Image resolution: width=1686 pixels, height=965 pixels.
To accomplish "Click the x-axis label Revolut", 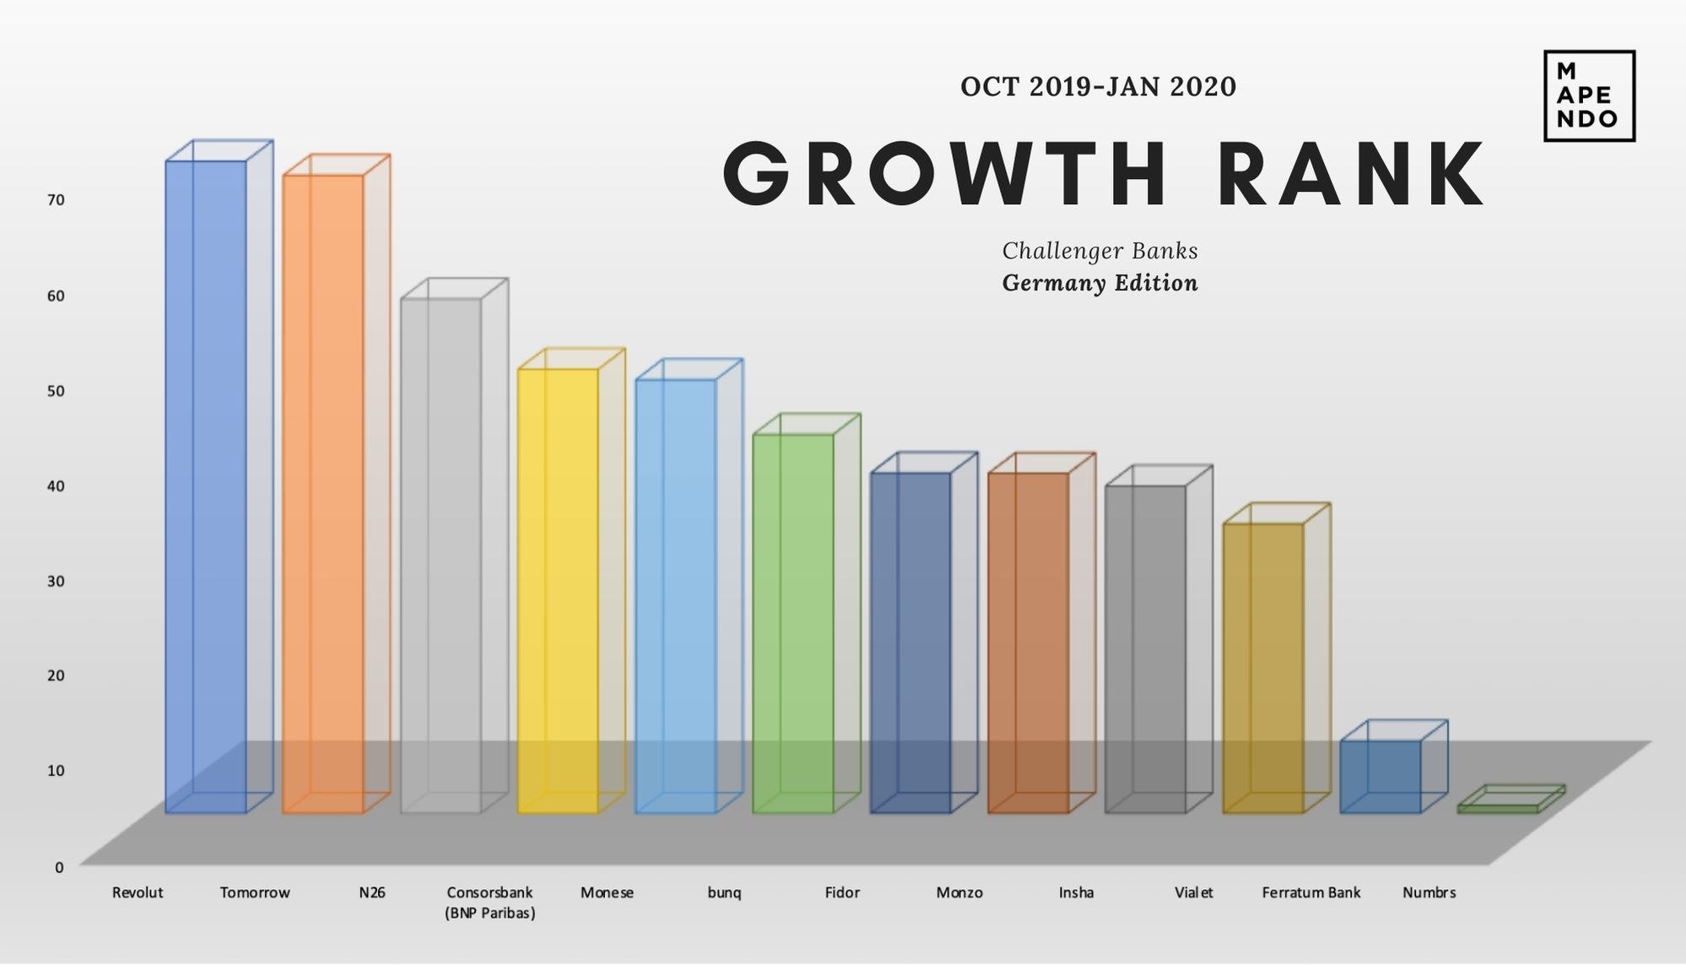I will click(138, 892).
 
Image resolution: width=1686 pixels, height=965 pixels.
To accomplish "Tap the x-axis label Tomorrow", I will click(255, 892).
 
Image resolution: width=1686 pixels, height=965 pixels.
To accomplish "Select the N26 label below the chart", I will click(372, 892).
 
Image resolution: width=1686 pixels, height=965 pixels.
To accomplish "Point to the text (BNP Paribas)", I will click(490, 913).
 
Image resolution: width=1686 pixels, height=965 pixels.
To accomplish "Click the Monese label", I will click(607, 892).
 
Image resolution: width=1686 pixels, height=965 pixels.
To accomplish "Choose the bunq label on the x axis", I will click(724, 892).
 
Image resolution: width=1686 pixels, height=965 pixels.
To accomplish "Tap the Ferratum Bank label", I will click(1311, 892).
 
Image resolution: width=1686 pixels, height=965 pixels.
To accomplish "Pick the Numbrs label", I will click(1429, 892).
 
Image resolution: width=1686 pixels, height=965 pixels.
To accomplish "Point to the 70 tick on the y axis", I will click(56, 200).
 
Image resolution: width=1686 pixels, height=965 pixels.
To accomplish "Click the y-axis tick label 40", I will click(56, 485).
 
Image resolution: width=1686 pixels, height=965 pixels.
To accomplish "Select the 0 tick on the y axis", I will click(59, 867).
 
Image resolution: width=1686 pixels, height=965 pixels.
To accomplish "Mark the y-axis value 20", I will click(56, 675).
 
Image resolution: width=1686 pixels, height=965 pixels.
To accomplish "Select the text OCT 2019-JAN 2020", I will click(1098, 87).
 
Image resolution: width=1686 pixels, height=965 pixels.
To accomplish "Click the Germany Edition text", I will click(1100, 283).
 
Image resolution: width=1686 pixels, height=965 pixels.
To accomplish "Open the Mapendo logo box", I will click(1589, 95).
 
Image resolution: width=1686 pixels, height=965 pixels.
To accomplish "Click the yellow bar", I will click(558, 591).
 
